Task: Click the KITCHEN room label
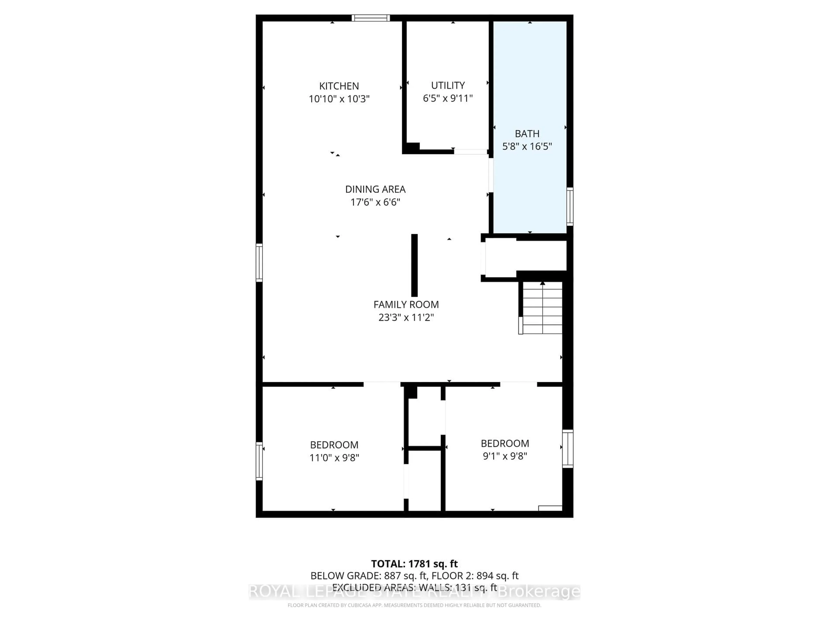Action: (339, 86)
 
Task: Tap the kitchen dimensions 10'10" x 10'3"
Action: (339, 99)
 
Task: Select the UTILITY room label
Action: (448, 85)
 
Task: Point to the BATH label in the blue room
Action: (527, 133)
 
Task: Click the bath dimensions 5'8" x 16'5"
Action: (527, 146)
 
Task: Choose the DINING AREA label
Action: (375, 189)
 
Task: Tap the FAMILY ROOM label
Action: (406, 305)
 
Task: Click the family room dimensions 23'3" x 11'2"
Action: (406, 317)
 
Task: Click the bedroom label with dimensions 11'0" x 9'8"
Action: (334, 445)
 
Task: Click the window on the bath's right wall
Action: (570, 206)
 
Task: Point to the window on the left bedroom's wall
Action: (259, 461)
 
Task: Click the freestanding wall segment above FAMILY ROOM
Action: (414, 265)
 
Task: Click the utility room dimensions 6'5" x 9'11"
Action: (448, 98)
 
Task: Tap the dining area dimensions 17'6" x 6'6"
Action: (375, 202)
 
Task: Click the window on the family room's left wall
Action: (259, 262)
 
